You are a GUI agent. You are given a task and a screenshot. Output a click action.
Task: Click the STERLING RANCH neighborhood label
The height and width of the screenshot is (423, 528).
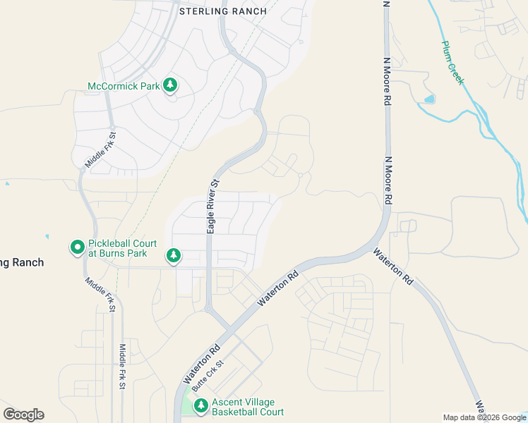(x=223, y=11)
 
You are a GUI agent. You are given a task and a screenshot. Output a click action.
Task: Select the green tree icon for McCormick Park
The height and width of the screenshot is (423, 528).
(x=169, y=85)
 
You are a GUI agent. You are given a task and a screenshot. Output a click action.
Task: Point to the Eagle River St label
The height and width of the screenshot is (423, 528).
(x=212, y=206)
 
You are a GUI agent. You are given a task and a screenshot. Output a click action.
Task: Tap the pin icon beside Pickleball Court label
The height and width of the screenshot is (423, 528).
(x=77, y=247)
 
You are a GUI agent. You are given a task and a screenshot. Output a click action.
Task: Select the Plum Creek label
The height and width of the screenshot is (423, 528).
(x=453, y=63)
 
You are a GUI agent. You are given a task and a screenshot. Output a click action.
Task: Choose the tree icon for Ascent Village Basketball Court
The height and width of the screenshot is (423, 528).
(x=200, y=405)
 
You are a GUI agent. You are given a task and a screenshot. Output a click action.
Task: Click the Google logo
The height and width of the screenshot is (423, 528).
(x=23, y=415)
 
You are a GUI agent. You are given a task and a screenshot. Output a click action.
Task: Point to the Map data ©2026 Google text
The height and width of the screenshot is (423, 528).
(x=484, y=418)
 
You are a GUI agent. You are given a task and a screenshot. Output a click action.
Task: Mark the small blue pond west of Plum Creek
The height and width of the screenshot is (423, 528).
(x=429, y=99)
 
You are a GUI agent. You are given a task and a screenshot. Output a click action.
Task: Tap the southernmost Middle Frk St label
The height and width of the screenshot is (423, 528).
(x=122, y=367)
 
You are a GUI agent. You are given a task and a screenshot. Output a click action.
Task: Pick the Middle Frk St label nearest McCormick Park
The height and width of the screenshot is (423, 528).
(x=100, y=150)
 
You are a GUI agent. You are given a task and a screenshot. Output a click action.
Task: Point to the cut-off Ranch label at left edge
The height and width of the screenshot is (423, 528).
(x=22, y=262)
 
